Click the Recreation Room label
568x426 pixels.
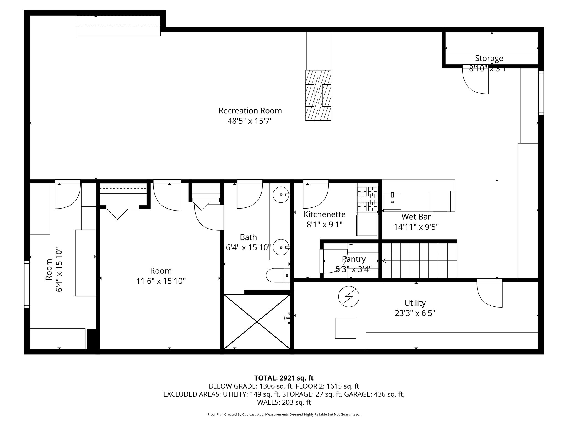[x=250, y=111]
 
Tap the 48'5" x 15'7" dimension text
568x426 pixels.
[x=250, y=121]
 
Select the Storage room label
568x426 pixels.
[x=489, y=58]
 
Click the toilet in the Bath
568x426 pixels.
[x=278, y=275]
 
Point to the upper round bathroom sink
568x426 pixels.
[x=281, y=195]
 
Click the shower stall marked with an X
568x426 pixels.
[x=257, y=321]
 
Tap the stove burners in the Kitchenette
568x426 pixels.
[x=367, y=199]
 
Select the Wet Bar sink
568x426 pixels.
[x=392, y=202]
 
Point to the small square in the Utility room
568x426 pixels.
[x=345, y=328]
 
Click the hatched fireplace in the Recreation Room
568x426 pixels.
[x=318, y=95]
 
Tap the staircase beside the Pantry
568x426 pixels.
[x=419, y=260]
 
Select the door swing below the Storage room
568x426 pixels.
[x=475, y=81]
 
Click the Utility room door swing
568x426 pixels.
[x=490, y=295]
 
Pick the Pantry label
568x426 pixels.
[x=354, y=259]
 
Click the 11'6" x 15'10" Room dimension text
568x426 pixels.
[x=161, y=281]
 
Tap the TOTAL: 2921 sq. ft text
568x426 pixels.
[x=284, y=378]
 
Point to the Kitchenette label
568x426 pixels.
[x=324, y=214]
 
